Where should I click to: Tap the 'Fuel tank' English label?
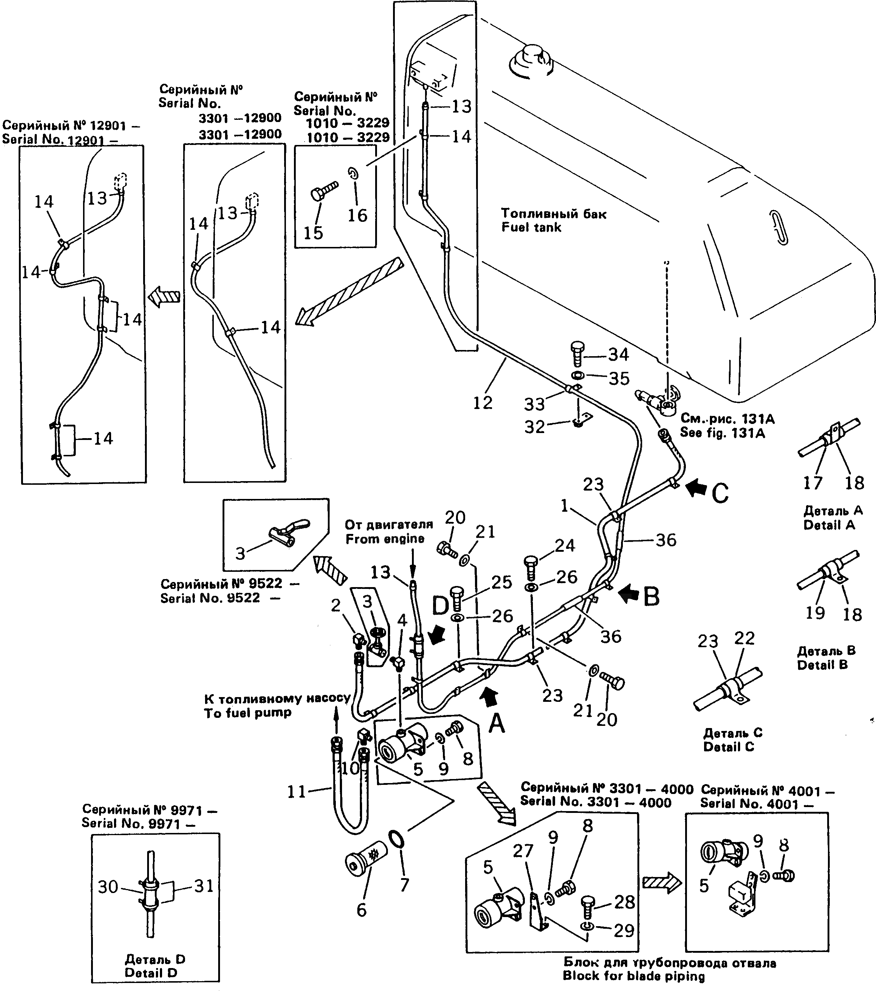coord(531,227)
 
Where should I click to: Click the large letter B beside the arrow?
coord(651,597)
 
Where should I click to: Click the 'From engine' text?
coord(385,539)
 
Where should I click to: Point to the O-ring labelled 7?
coord(397,839)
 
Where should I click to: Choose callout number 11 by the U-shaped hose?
coord(297,792)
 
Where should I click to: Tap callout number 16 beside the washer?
coord(357,215)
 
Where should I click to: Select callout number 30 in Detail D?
coord(108,887)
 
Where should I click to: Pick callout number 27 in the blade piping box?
coord(523,850)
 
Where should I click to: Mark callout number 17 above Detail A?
coord(813,483)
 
